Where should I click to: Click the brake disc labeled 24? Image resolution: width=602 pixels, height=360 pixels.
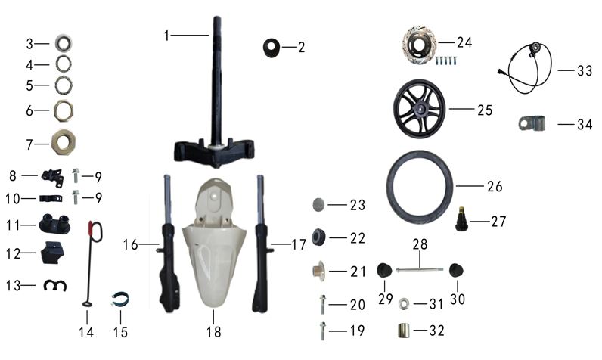click(420, 43)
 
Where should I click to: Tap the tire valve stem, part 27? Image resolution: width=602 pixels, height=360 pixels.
click(461, 219)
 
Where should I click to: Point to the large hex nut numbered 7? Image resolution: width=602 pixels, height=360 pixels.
click(64, 142)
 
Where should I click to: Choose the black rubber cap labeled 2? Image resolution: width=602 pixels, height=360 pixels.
click(271, 48)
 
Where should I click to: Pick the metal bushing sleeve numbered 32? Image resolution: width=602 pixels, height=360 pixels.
click(403, 331)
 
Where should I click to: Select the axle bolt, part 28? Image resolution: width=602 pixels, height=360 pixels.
click(420, 270)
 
